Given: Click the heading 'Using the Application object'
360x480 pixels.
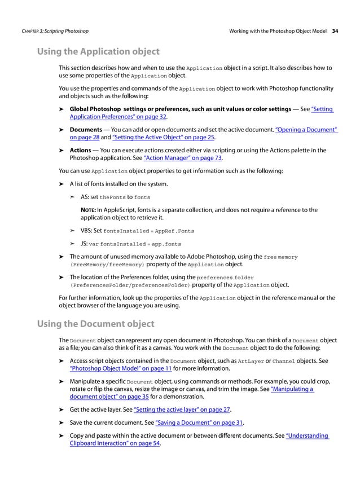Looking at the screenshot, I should click(x=98, y=52).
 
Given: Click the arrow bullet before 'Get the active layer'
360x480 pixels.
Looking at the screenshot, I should click(x=62, y=409).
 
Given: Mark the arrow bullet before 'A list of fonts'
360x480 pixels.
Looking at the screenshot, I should click(x=62, y=184).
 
